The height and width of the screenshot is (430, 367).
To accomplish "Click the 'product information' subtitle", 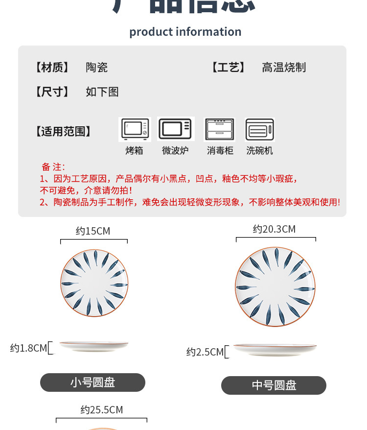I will tap(185, 32).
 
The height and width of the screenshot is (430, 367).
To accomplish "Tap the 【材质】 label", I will tap(51, 67).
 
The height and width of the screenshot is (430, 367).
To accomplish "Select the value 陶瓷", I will tap(97, 67).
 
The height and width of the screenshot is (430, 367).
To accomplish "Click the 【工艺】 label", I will tap(228, 67).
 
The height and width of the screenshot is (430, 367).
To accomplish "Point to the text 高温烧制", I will tap(284, 67).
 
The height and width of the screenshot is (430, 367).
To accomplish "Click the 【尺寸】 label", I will tap(51, 92).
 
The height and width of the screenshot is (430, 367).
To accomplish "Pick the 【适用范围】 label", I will tap(63, 131).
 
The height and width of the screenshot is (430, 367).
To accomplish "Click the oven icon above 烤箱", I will tap(135, 129).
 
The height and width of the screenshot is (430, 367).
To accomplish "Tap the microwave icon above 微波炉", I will tap(176, 129).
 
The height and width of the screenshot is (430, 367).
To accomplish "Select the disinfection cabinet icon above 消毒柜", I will tap(220, 129).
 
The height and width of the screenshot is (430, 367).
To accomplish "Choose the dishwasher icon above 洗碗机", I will tap(260, 129).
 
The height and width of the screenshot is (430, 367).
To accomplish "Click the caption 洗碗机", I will tap(260, 151).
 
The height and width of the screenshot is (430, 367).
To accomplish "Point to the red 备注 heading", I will tap(53, 167).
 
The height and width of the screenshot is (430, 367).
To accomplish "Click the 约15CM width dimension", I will tap(93, 231).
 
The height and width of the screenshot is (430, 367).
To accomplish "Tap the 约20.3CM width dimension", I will tap(274, 229).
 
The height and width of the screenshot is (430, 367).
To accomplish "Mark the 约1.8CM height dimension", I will tap(28, 348).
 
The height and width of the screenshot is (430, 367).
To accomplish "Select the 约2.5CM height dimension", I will tap(205, 352).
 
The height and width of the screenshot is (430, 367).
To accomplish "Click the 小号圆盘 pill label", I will tap(92, 382).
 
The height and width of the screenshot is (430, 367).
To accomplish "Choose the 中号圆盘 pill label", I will tap(274, 385).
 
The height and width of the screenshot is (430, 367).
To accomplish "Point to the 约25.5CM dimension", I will tap(102, 410).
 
